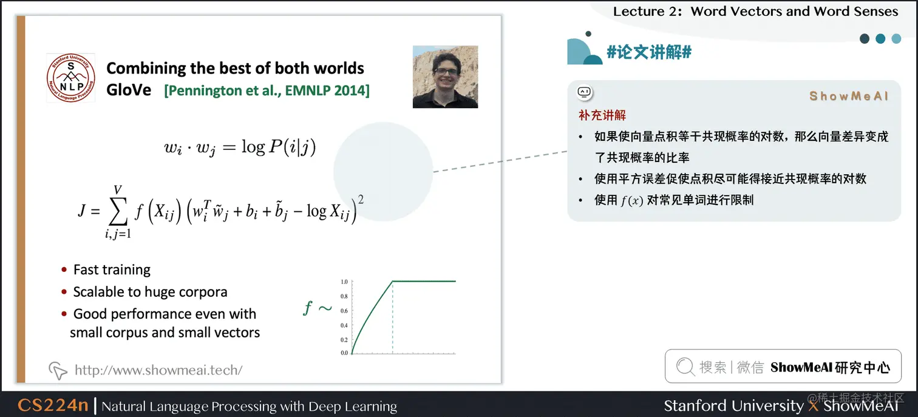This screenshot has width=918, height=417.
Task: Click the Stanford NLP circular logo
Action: tap(70, 78)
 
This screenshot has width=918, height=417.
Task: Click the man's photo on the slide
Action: tap(445, 77)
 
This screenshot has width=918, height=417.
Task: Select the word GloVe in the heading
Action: tap(129, 90)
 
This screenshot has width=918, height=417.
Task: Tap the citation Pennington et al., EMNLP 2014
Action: tap(267, 90)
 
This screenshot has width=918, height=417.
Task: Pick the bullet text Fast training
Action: tap(112, 270)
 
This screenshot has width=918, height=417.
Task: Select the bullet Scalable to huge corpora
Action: tap(150, 292)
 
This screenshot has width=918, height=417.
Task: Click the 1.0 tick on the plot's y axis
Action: tap(344, 282)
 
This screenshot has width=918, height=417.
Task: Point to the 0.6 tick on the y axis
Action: tap(344, 311)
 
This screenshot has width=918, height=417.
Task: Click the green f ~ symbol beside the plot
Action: tap(317, 308)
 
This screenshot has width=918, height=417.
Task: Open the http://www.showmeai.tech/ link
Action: tap(158, 370)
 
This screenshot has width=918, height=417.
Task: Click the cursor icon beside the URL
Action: tap(58, 370)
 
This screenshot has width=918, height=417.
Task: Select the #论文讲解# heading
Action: tap(649, 52)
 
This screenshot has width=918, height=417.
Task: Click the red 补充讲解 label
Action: tap(602, 115)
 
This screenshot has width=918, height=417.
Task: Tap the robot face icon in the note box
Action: tap(584, 93)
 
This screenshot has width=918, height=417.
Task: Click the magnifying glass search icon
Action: tap(685, 367)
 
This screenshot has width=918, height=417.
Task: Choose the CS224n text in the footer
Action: tap(53, 405)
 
